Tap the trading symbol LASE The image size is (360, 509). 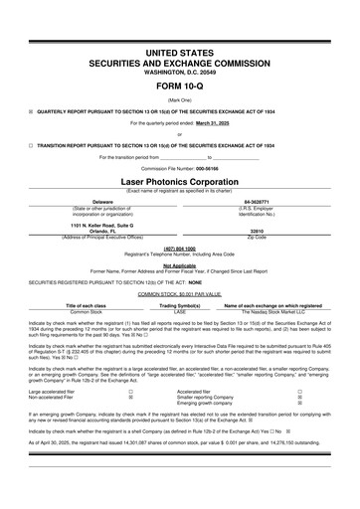click(x=180, y=311)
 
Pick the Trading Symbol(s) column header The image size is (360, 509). click(x=180, y=304)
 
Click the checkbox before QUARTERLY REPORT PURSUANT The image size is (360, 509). click(x=31, y=111)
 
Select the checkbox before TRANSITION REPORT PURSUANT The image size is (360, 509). click(x=31, y=145)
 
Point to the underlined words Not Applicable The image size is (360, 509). click(x=180, y=265)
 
